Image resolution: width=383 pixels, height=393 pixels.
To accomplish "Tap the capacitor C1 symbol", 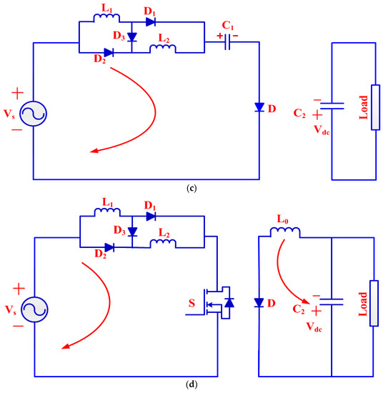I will [x=228, y=42].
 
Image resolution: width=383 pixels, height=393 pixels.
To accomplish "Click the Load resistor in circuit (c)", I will [x=373, y=107].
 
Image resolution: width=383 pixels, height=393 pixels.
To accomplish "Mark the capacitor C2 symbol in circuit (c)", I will [x=334, y=108].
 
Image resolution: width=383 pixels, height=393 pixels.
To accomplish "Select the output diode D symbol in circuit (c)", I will [x=259, y=107].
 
